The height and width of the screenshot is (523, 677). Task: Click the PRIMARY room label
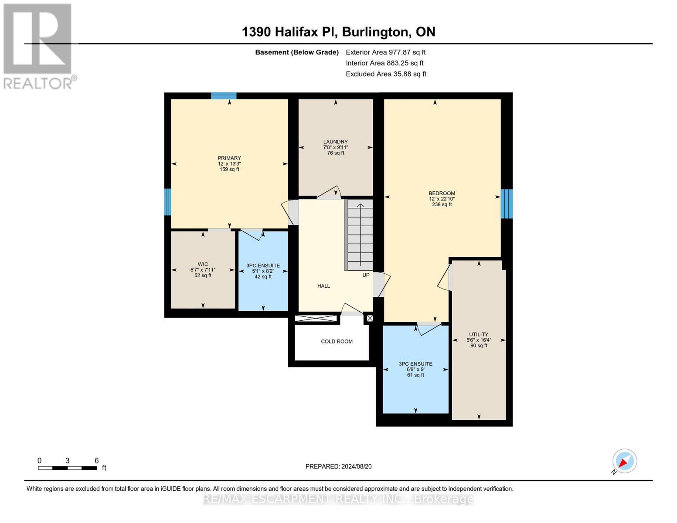point(229,158)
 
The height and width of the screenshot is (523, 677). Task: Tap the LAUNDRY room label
point(335,142)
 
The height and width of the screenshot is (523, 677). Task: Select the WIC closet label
point(203,264)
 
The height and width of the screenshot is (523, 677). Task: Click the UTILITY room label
point(478,334)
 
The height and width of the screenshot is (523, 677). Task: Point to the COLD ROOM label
point(337,341)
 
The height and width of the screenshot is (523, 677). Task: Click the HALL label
point(323,286)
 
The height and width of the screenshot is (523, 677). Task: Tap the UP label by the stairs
point(366,275)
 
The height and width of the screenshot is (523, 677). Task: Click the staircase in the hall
point(360,235)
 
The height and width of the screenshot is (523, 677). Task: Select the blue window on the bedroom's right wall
point(506,204)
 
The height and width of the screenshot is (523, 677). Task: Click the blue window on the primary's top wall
point(224,96)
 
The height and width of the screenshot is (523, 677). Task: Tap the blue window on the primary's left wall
point(167,202)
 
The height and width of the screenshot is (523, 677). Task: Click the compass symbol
point(624,461)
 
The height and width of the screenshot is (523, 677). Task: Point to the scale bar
point(68,468)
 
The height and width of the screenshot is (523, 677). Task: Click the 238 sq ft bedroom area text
point(442,204)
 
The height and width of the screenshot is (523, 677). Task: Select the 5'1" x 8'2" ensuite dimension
point(263,271)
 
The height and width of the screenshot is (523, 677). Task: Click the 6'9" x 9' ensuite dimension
point(415,369)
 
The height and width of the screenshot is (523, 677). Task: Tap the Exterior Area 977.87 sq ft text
point(385,52)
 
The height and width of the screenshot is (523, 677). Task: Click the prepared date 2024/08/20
point(338,466)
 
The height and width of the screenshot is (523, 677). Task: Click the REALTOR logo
point(38,46)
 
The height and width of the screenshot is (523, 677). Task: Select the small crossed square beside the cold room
point(370,319)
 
